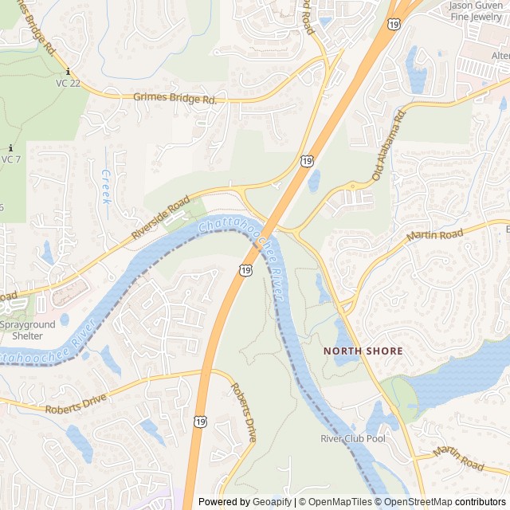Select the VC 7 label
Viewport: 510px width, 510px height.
click(x=10, y=159)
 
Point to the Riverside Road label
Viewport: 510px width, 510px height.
click(x=161, y=217)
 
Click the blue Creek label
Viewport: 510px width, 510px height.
click(x=106, y=186)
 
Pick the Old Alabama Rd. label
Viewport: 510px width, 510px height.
click(x=389, y=144)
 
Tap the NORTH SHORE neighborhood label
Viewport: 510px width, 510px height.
click(x=363, y=351)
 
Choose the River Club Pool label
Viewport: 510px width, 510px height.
click(x=352, y=439)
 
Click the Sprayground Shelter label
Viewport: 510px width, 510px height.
click(x=27, y=331)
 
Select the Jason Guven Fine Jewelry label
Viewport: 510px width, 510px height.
click(x=476, y=10)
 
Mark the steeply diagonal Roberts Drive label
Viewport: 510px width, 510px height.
click(x=243, y=413)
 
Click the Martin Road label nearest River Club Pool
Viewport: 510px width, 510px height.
click(x=459, y=458)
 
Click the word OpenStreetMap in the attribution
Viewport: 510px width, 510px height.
click(x=419, y=502)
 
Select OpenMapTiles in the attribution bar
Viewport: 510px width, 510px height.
click(x=339, y=502)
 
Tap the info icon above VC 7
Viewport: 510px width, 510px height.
click(x=10, y=148)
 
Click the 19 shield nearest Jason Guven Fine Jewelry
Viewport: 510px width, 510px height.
click(x=394, y=25)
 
